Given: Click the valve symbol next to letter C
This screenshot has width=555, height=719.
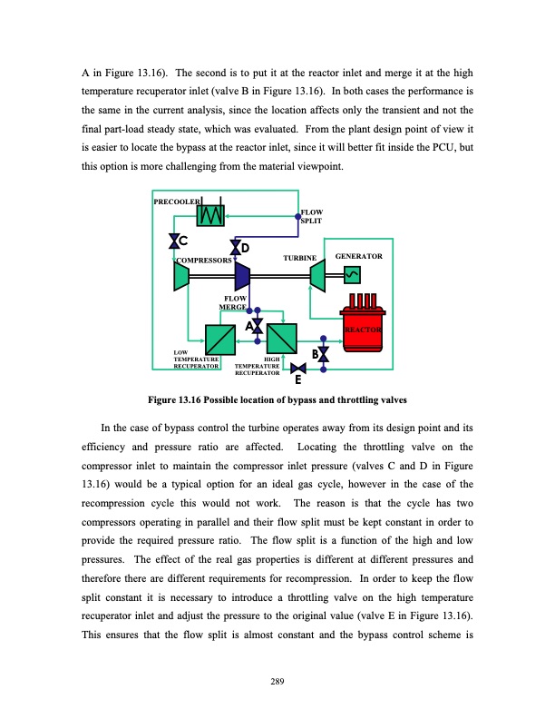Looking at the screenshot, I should tap(173, 241).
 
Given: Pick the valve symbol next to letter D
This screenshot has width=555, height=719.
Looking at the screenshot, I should tap(236, 245).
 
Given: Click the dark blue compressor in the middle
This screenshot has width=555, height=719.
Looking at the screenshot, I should tap(242, 275).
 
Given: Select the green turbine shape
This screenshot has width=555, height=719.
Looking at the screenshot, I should tap(317, 275).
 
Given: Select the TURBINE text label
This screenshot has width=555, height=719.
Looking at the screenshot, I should tap(299, 259).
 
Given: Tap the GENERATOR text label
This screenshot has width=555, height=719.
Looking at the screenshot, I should tap(359, 257).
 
